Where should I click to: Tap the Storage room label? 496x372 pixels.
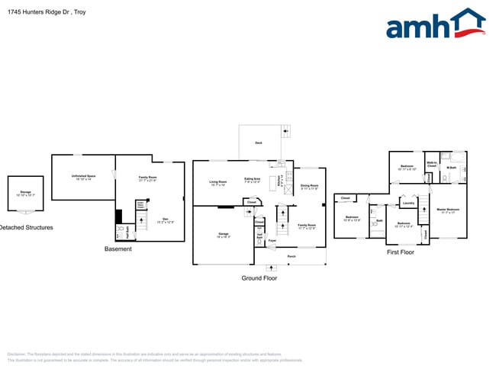pyautogui.click(x=25, y=191)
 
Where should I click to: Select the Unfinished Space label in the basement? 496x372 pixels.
pyautogui.click(x=82, y=177)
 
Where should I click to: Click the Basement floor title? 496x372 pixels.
pyautogui.click(x=118, y=249)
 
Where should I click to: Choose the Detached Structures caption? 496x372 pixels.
pyautogui.click(x=26, y=227)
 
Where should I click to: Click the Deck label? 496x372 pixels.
pyautogui.click(x=259, y=143)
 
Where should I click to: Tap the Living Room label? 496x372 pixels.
pyautogui.click(x=218, y=182)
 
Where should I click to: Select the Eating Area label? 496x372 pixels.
pyautogui.click(x=253, y=182)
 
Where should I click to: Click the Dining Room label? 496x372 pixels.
pyautogui.click(x=309, y=186)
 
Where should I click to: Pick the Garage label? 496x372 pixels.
pyautogui.click(x=224, y=234)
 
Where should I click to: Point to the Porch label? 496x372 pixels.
pyautogui.click(x=291, y=256)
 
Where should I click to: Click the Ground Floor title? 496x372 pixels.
pyautogui.click(x=259, y=278)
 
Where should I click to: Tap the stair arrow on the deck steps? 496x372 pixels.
pyautogui.click(x=285, y=131)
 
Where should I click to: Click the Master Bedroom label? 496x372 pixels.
pyautogui.click(x=448, y=210)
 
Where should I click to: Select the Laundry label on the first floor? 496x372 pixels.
pyautogui.click(x=408, y=204)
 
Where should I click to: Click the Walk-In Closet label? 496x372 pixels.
pyautogui.click(x=430, y=164)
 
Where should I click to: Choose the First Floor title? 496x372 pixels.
pyautogui.click(x=401, y=252)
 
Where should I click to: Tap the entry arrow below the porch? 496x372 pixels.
pyautogui.click(x=269, y=268)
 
